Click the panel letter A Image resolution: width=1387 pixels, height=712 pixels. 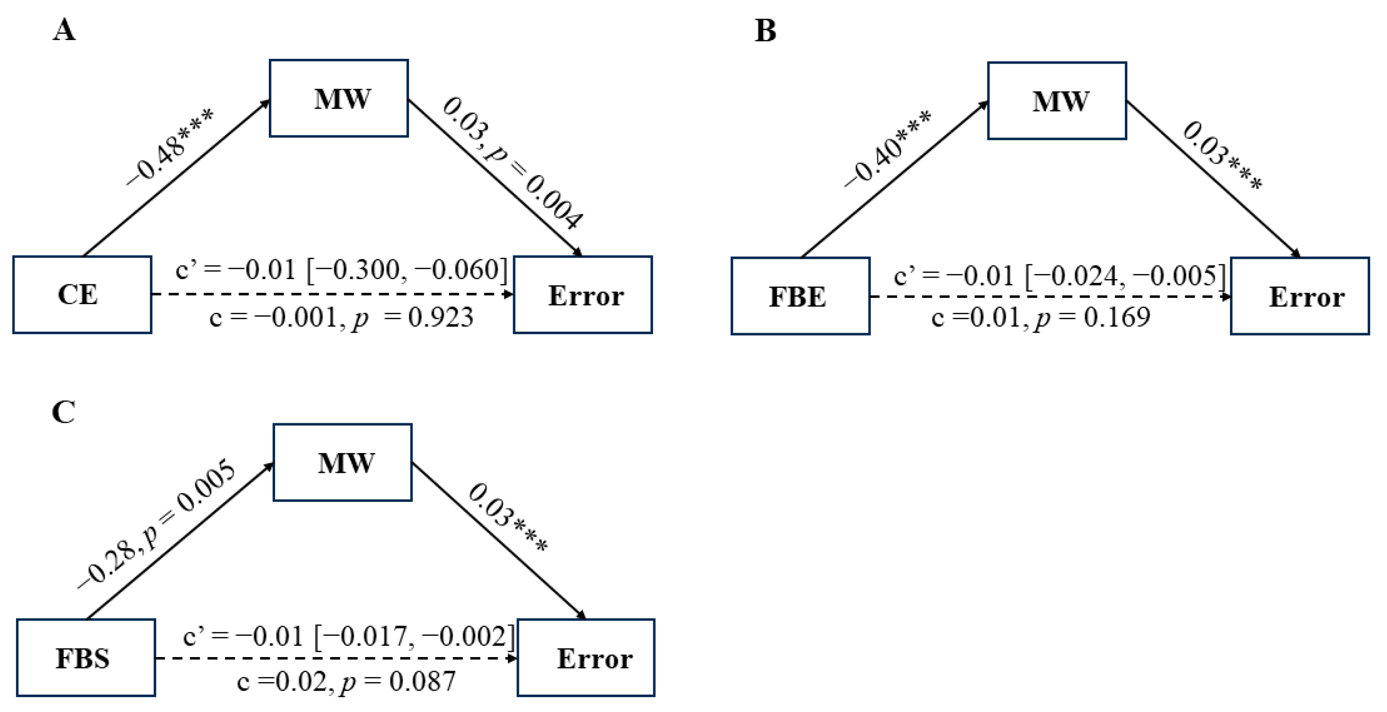tap(64, 29)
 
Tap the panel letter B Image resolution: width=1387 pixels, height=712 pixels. tap(765, 31)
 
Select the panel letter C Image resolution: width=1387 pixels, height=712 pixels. tap(64, 413)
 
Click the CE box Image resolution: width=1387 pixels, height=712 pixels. tap(82, 295)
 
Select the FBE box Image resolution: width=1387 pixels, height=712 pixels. tap(800, 296)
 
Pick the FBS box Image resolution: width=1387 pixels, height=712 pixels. tap(86, 658)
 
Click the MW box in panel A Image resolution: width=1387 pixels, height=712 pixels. tap(339, 98)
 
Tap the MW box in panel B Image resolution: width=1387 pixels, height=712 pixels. tap(1057, 101)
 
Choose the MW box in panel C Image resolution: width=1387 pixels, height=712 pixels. tap(343, 463)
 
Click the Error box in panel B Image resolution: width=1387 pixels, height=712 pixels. tap(1300, 296)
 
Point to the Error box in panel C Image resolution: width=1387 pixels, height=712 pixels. tap(586, 658)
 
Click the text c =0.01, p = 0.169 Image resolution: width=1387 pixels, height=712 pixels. tap(1040, 317)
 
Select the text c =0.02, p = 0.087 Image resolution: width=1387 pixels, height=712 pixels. tap(346, 682)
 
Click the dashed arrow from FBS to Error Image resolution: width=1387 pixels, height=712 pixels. tap(334, 658)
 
